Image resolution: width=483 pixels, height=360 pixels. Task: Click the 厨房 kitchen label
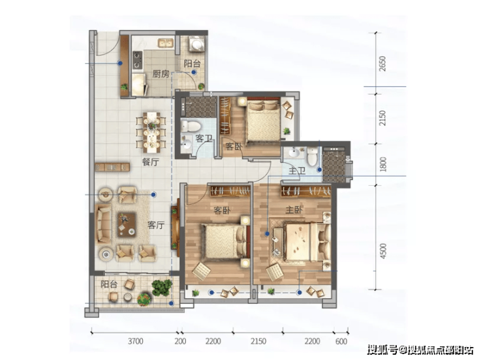pyautogui.click(x=161, y=74)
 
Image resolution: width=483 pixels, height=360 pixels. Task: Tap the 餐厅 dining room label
pyautogui.click(x=151, y=162)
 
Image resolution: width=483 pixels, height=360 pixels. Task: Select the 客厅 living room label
pyautogui.click(x=156, y=225)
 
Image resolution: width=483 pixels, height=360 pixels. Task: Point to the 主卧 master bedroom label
pyautogui.click(x=294, y=210)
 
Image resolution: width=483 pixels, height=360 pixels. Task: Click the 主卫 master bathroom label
pyautogui.click(x=297, y=170)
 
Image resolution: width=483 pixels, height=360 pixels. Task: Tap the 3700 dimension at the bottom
pyautogui.click(x=136, y=341)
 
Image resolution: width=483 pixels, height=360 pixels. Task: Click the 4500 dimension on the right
pyautogui.click(x=383, y=251)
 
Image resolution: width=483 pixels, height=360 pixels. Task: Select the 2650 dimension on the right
pyautogui.click(x=382, y=64)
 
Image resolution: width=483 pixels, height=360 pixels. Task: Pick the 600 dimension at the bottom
pyautogui.click(x=341, y=341)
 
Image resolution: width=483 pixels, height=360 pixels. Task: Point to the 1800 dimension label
pyautogui.click(x=383, y=164)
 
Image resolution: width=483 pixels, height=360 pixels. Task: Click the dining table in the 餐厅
pyautogui.click(x=151, y=132)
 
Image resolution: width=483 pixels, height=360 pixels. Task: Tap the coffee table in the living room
pyautogui.click(x=127, y=224)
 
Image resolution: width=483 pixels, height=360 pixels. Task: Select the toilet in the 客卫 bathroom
pyautogui.click(x=190, y=126)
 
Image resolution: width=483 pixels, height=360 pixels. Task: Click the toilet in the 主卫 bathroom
pyautogui.click(x=313, y=157)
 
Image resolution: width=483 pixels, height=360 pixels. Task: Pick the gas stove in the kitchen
pyautogui.click(x=137, y=60)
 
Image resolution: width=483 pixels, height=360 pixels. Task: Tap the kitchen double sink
pyautogui.click(x=166, y=43)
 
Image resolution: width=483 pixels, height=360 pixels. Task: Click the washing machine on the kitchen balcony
pyautogui.click(x=196, y=44)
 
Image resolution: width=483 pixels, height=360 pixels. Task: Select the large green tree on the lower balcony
pyautogui.click(x=162, y=288)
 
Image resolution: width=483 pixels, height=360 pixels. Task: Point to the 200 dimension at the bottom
pyautogui.click(x=180, y=341)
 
